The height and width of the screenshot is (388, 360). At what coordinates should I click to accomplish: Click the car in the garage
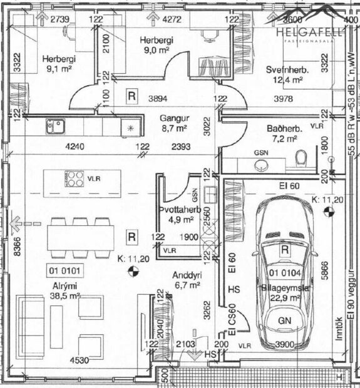click(285, 269)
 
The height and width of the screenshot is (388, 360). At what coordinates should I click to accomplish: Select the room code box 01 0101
click(64, 271)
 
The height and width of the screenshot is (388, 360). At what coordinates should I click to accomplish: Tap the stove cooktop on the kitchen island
click(75, 178)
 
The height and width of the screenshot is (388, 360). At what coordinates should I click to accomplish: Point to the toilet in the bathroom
click(301, 159)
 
